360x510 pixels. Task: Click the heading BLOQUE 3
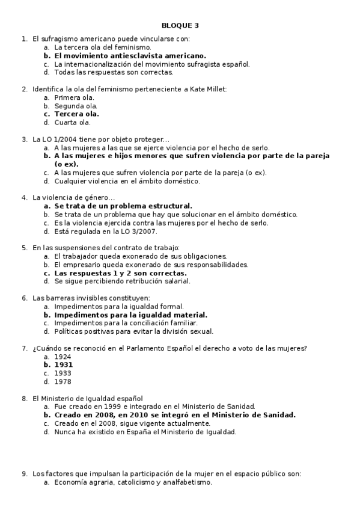point(180,25)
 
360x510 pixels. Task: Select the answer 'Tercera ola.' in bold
point(76,114)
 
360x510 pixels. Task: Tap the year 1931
point(63,364)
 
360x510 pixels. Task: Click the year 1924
point(63,356)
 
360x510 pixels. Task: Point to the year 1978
point(63,381)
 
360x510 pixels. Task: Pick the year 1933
point(63,373)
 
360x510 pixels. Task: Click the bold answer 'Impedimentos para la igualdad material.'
point(130,315)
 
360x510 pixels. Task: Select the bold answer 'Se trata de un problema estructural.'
point(123,206)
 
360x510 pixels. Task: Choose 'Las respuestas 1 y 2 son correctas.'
point(120,272)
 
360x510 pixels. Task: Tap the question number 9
point(25,473)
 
